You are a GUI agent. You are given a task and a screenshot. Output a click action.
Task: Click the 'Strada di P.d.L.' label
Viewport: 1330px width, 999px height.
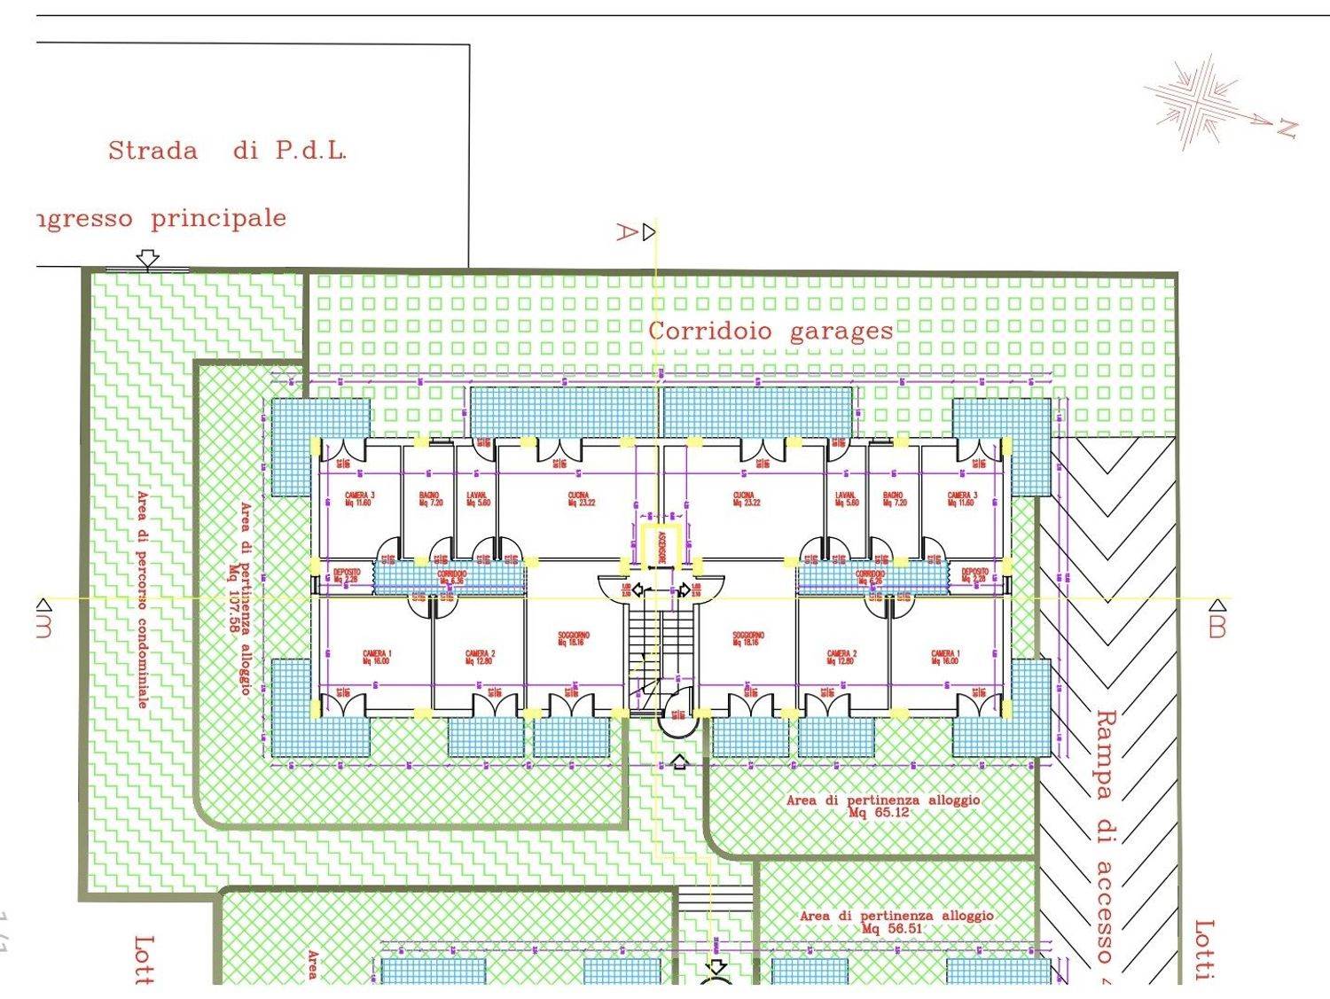pyautogui.click(x=227, y=151)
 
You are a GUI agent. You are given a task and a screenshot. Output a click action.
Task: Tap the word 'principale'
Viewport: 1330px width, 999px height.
pyautogui.click(x=218, y=218)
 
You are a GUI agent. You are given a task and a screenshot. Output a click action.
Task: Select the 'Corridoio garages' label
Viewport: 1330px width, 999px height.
pyautogui.click(x=770, y=332)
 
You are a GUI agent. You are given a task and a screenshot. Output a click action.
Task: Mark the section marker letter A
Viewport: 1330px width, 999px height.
pyautogui.click(x=627, y=232)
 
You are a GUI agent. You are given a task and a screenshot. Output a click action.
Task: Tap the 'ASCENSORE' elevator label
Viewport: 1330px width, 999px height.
pyautogui.click(x=661, y=546)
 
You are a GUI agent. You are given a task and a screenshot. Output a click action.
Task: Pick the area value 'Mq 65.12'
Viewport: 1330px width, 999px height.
pyautogui.click(x=878, y=812)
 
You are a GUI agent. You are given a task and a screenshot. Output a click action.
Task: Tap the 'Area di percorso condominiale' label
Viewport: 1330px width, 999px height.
pyautogui.click(x=142, y=600)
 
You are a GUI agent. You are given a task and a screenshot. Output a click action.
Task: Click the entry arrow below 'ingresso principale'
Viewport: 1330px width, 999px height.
pyautogui.click(x=148, y=258)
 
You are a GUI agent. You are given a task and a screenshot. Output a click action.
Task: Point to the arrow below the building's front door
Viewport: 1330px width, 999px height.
pyautogui.click(x=679, y=761)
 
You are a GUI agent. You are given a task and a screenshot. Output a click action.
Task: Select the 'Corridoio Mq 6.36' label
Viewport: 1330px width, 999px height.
pyautogui.click(x=450, y=578)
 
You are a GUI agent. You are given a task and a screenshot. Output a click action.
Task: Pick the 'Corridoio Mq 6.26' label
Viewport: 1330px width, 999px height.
pyautogui.click(x=870, y=578)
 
